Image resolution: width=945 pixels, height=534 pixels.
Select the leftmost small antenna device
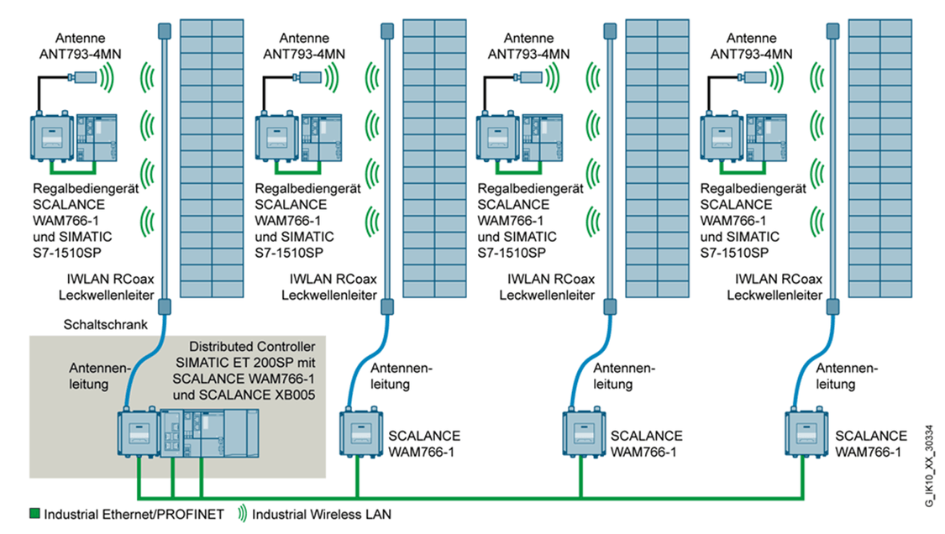coord(85,78)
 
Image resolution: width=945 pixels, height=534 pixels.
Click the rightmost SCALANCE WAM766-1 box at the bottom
coord(802,434)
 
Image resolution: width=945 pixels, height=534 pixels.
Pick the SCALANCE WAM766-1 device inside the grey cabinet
coord(136,434)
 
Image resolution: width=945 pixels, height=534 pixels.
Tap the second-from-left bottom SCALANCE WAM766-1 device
coord(358,434)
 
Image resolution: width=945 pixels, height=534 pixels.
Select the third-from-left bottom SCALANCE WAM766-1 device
coord(579,434)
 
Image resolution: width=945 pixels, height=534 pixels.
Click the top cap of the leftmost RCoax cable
coord(165,31)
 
